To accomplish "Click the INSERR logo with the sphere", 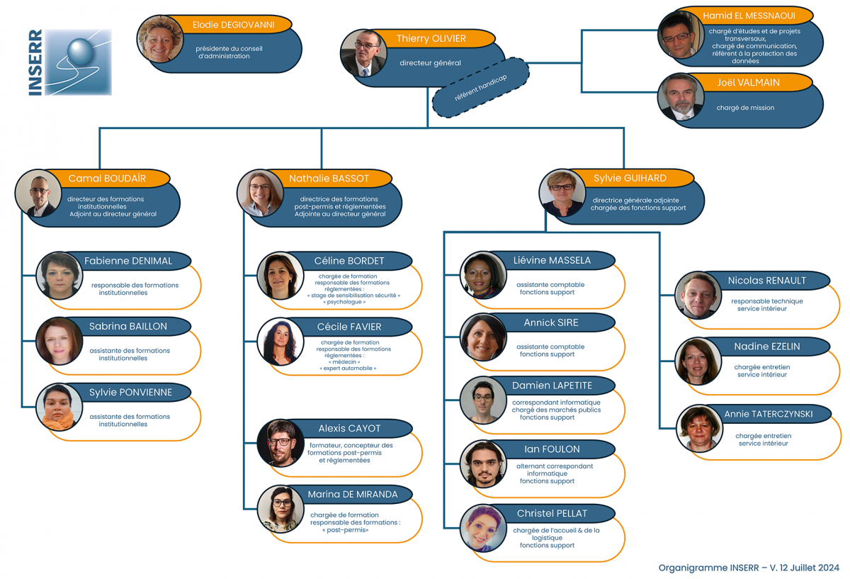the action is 70,62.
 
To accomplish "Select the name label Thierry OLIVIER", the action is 431,38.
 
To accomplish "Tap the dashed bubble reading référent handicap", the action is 480,88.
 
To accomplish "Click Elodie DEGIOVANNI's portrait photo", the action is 160,39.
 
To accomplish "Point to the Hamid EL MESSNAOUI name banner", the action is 749,16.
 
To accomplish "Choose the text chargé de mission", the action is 745,108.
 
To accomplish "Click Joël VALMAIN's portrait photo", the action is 681,97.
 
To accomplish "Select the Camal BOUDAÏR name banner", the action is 107,178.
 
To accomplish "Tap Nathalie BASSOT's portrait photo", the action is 260,193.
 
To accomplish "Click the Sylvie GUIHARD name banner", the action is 630,178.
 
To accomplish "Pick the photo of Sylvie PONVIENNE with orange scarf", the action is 59,407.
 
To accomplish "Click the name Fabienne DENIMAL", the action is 128,261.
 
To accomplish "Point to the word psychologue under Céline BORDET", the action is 344,302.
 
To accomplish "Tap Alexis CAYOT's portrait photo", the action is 280,443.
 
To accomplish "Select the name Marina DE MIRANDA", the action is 353,495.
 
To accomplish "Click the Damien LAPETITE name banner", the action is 552,386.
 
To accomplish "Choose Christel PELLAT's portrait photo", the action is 483,528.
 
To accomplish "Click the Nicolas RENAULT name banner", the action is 766,281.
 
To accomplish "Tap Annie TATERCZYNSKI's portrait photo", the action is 699,428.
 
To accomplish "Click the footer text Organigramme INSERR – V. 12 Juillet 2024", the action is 749,568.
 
